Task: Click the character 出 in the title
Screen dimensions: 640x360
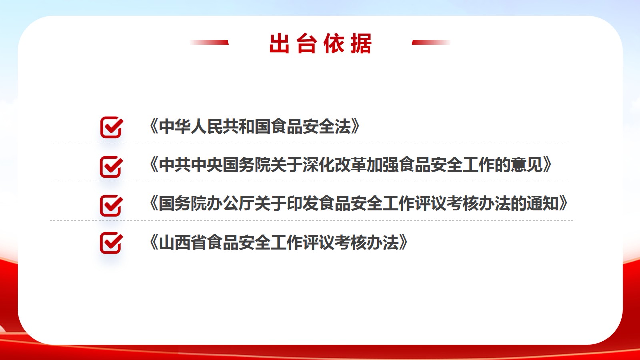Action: pyautogui.click(x=279, y=43)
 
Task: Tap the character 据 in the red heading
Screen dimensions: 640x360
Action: pyautogui.click(x=361, y=43)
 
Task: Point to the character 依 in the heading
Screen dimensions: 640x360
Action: pyautogui.click(x=334, y=43)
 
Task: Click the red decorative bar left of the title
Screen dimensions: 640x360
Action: pyautogui.click(x=209, y=42)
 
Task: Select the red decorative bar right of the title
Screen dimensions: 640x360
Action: pyautogui.click(x=431, y=42)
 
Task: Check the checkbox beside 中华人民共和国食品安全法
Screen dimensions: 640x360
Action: pyautogui.click(x=112, y=127)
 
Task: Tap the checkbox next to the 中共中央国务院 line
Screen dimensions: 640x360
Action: pyautogui.click(x=111, y=166)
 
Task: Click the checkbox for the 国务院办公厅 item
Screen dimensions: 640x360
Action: pyautogui.click(x=111, y=206)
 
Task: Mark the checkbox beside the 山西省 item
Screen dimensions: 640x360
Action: pyautogui.click(x=111, y=242)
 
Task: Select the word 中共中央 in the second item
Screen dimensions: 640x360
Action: pyautogui.click(x=190, y=165)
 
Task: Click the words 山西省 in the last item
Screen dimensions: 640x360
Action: pyautogui.click(x=182, y=242)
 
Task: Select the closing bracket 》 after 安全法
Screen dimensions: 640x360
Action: pyautogui.click(x=356, y=126)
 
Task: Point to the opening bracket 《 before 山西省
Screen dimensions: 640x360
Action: pyautogui.click(x=154, y=242)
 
